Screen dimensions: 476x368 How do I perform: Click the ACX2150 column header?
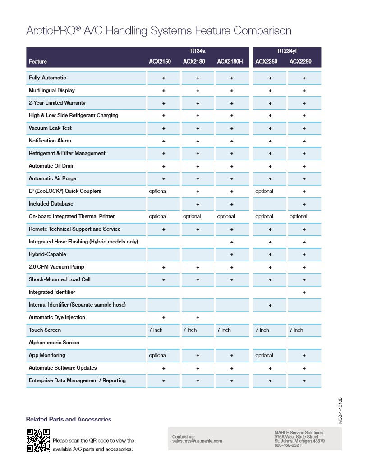pos(160,62)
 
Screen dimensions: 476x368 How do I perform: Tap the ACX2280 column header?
pos(300,62)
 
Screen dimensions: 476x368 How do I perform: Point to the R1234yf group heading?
pos(287,51)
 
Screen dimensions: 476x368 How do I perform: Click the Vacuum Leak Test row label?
pos(50,128)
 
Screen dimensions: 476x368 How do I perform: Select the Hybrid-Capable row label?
pos(47,254)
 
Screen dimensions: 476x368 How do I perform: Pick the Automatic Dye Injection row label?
pos(57,317)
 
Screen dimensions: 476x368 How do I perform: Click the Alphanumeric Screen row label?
pos(54,343)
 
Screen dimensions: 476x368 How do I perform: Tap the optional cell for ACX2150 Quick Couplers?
pos(158,191)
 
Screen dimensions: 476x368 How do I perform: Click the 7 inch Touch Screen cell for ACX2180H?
pos(224,330)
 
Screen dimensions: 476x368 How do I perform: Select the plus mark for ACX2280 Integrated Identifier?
pos(304,293)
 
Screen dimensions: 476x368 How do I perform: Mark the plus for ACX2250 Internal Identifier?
pos(270,305)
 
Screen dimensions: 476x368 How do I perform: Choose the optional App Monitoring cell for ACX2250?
pos(264,355)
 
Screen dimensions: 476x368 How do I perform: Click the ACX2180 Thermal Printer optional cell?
pos(192,216)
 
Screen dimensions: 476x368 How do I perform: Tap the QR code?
pos(38,440)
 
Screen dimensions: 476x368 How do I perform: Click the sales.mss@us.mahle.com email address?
pos(197,441)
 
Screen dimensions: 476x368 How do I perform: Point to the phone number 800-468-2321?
pos(288,445)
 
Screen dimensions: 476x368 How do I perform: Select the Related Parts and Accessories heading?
pos(69,419)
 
